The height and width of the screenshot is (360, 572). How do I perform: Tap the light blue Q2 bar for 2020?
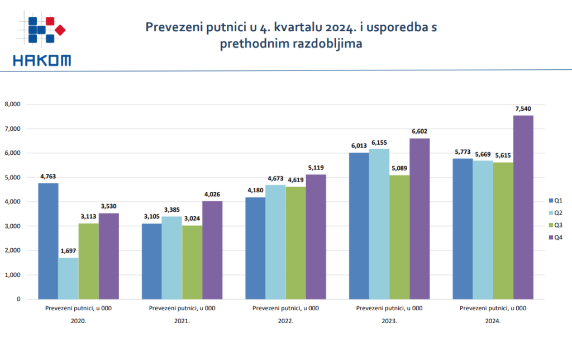[x=69, y=278]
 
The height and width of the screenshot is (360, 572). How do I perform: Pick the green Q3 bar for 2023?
[x=399, y=237]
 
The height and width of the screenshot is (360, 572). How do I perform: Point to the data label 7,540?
[x=523, y=109]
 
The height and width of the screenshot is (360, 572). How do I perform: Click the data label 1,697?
[x=69, y=251]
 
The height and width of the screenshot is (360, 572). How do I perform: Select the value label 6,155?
[x=379, y=142]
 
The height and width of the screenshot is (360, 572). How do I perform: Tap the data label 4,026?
[x=212, y=195]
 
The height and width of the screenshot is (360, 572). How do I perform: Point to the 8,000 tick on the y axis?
[x=12, y=104]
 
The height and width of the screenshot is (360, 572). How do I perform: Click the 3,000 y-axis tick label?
[x=12, y=226]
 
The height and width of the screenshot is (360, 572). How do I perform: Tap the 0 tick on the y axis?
[x=18, y=299]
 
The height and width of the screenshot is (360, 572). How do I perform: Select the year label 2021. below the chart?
[x=182, y=321]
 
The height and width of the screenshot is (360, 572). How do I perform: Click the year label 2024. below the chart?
[x=493, y=321]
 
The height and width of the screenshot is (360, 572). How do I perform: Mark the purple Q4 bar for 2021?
[x=212, y=250]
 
